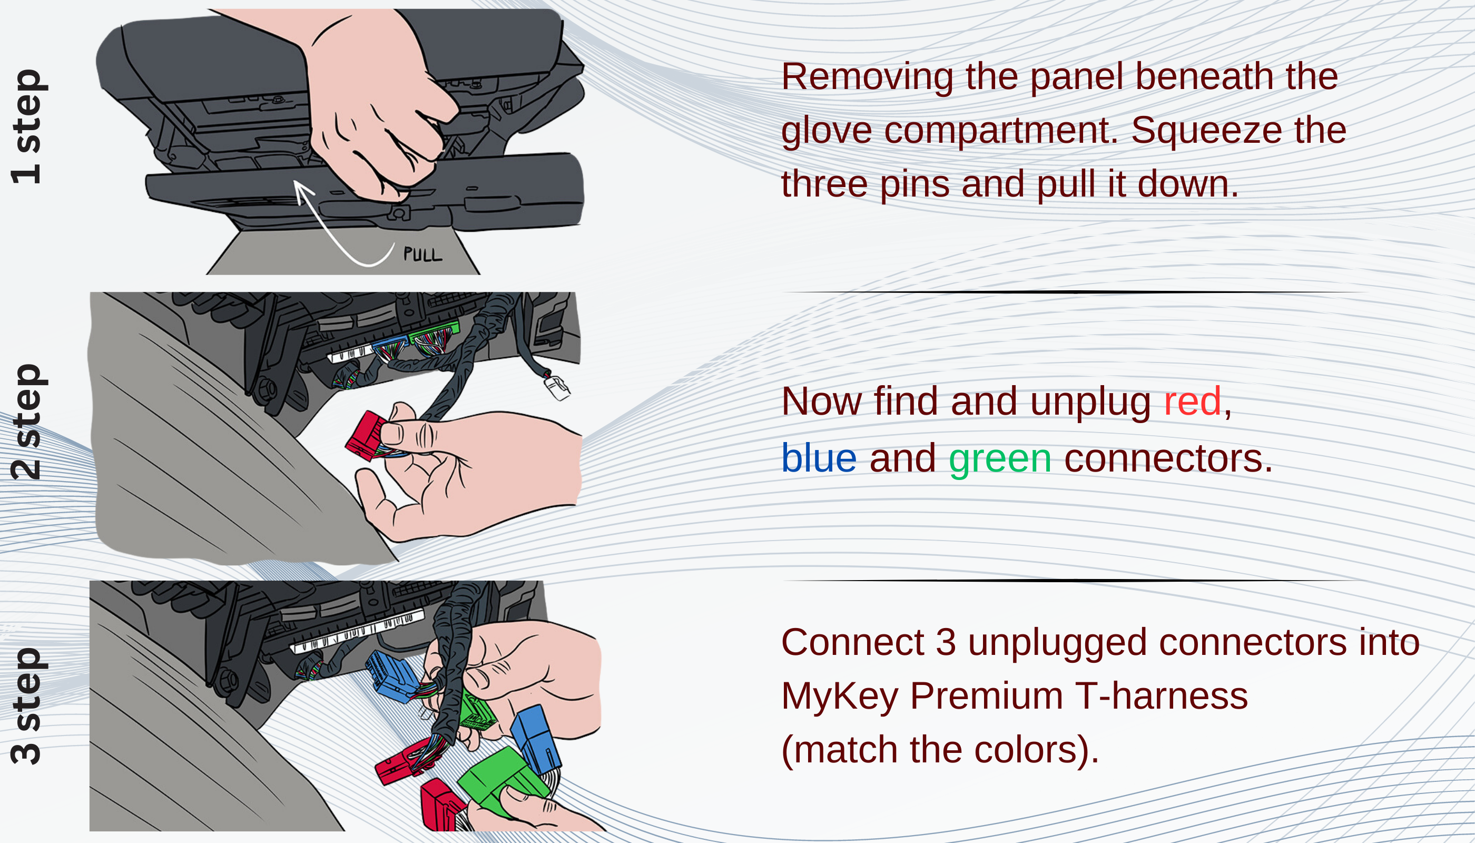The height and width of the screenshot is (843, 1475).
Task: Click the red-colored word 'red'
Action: (x=1192, y=401)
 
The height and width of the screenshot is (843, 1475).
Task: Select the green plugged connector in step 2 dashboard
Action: (x=434, y=336)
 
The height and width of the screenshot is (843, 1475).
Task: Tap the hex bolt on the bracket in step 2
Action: (x=266, y=389)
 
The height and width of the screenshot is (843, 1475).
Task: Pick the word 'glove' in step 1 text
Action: (x=826, y=130)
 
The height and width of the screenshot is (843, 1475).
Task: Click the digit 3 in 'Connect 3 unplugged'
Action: (x=946, y=642)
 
